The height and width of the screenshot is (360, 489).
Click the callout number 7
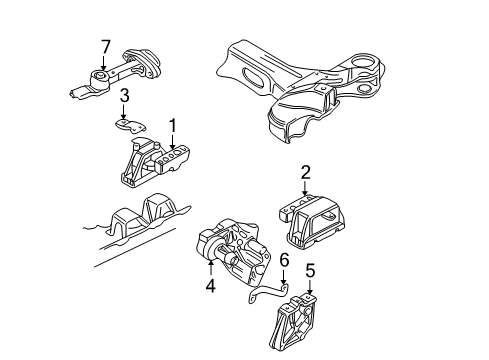click(x=106, y=47)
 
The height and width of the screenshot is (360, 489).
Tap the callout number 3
click(x=124, y=96)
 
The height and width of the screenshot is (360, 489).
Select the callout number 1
click(x=173, y=126)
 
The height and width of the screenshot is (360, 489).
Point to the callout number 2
click(x=305, y=173)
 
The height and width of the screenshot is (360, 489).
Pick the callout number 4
click(x=211, y=286)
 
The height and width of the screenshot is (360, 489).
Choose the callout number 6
click(x=284, y=261)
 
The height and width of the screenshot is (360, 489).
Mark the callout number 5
click(x=310, y=271)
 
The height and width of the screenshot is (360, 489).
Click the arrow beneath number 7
click(x=103, y=63)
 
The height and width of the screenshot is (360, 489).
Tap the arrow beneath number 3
click(x=124, y=112)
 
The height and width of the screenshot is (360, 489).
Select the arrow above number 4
click(x=211, y=268)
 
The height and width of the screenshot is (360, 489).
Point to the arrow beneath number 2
click(x=305, y=188)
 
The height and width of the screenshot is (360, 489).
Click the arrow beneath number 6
click(x=283, y=276)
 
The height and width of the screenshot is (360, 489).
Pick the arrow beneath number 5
click(x=310, y=287)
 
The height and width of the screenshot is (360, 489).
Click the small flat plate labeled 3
click(x=131, y=125)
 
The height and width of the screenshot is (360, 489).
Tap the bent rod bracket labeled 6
click(x=268, y=291)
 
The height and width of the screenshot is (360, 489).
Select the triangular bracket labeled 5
click(x=293, y=321)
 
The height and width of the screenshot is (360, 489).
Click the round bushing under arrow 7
click(x=100, y=79)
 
